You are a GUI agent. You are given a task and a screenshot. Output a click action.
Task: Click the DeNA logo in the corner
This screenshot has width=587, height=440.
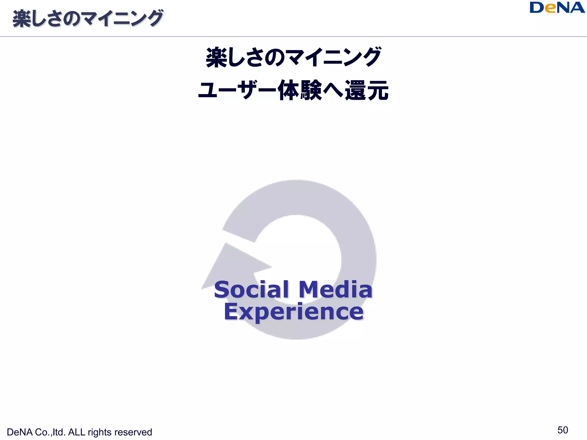[557, 8]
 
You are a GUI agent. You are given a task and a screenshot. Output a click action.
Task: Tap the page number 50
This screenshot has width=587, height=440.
[563, 430]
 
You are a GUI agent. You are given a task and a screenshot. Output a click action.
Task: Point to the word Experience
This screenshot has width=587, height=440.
[293, 312]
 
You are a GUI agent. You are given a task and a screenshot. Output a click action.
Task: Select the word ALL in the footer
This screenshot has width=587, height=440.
[77, 432]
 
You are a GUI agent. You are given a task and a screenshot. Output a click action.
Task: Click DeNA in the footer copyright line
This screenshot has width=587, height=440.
[19, 432]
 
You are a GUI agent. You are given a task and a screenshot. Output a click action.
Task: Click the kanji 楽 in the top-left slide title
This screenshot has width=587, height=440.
[22, 19]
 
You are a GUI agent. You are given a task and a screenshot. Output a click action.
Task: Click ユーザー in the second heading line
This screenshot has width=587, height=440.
[237, 90]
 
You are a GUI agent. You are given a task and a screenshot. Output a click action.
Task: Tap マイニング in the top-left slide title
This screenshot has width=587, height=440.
[122, 19]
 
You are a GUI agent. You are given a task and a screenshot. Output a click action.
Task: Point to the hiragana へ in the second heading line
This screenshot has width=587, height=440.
[333, 90]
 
